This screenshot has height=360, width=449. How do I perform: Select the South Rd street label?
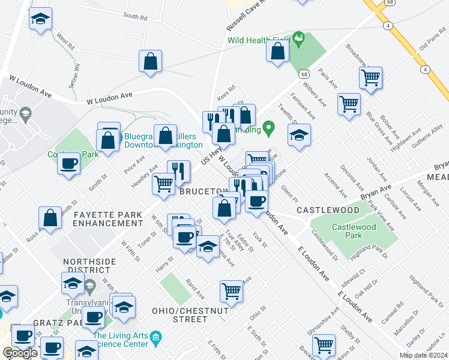pos(135,17)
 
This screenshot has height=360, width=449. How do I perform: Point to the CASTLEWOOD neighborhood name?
pos(328,211)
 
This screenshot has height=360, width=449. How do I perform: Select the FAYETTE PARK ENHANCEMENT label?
pos(107,218)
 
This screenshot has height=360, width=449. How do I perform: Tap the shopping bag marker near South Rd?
pos(150,61)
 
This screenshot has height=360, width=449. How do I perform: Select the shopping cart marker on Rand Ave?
pos(231,291)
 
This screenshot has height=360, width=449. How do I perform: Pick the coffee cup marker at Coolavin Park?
pos(69,163)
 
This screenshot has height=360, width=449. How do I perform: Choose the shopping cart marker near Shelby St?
pos(324,344)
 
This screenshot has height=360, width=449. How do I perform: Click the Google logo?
pos(20,353)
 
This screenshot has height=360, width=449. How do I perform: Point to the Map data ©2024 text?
pos(424,355)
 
